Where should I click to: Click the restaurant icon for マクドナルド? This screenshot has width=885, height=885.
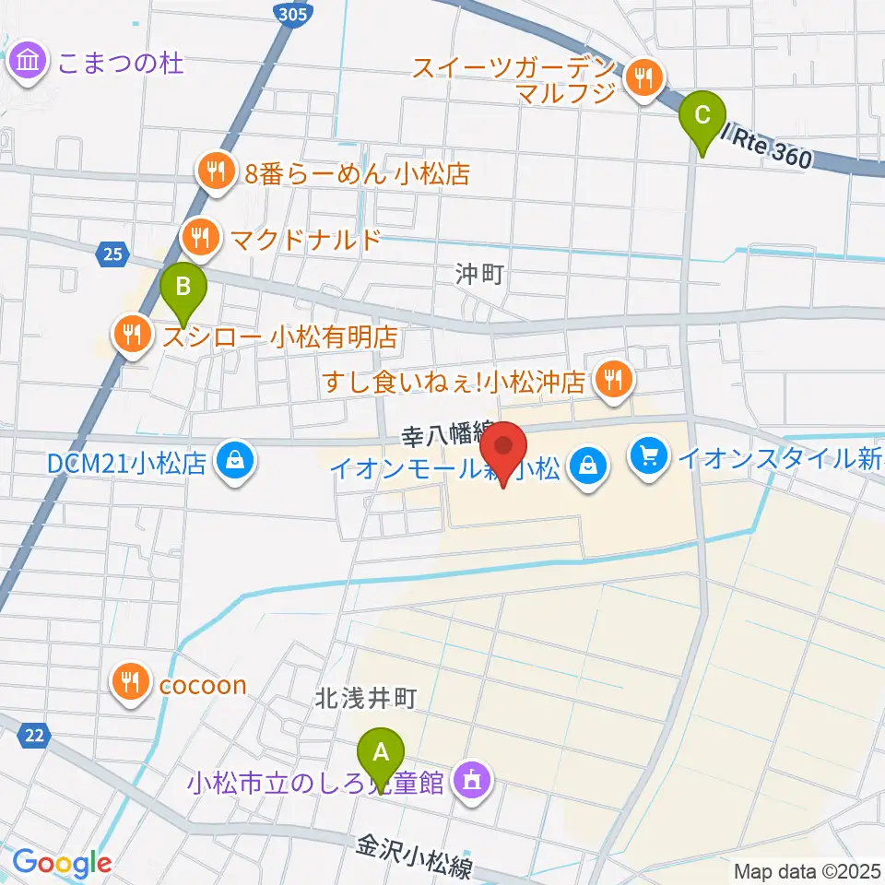[198, 240]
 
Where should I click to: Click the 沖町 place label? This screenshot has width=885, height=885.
[479, 274]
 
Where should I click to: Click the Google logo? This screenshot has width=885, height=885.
[62, 863]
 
